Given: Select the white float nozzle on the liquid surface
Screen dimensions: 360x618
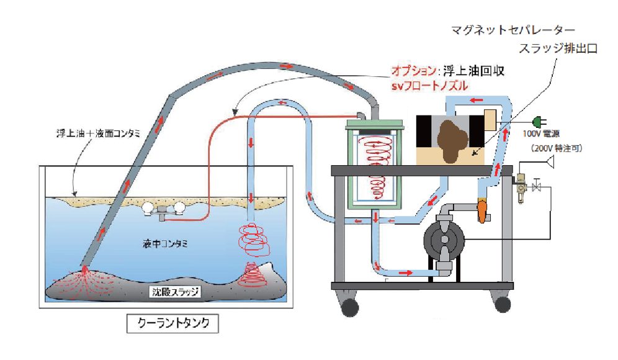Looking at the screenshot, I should (163, 209).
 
